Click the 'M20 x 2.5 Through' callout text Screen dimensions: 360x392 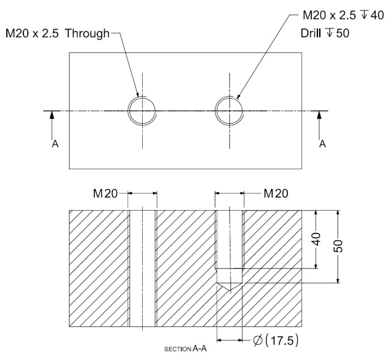[57, 33]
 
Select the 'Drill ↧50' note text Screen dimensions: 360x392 [324, 33]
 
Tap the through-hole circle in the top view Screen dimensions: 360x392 [142, 110]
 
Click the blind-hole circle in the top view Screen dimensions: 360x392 [229, 110]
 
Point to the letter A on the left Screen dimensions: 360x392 [55, 144]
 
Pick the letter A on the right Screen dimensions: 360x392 [323, 144]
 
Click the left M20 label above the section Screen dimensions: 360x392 [105, 194]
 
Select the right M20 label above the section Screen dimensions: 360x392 [276, 194]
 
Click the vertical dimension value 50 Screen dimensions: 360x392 [338, 246]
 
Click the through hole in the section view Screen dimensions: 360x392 [142, 268]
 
